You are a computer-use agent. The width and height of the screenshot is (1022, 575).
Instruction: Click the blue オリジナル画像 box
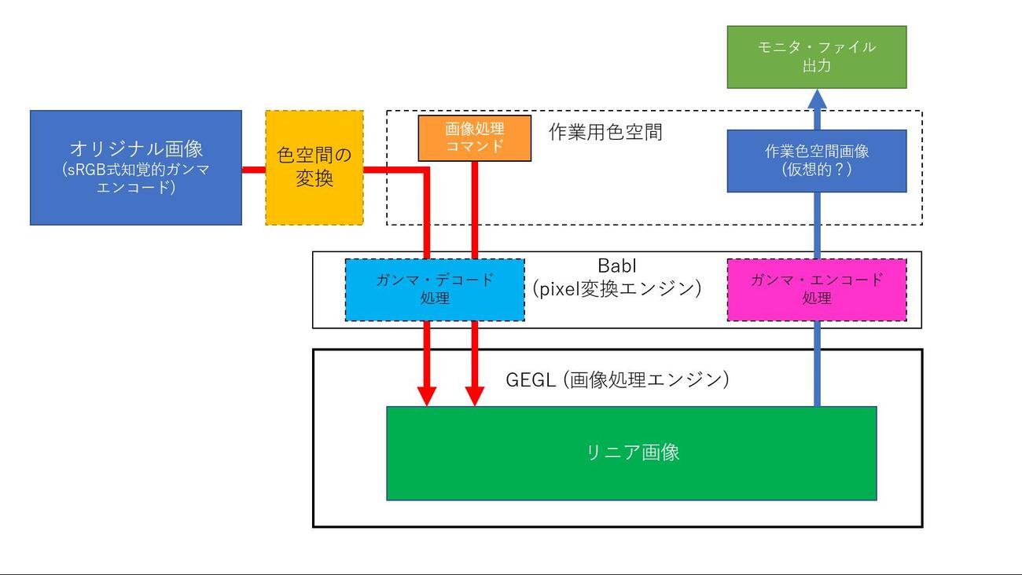click(x=136, y=167)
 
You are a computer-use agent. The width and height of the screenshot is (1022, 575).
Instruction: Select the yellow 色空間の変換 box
click(x=314, y=167)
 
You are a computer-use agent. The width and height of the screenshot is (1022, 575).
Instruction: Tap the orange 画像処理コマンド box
click(x=474, y=138)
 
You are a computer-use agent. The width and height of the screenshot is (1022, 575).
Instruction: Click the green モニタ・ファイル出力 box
click(x=816, y=57)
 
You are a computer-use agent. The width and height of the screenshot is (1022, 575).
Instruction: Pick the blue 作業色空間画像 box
click(x=816, y=161)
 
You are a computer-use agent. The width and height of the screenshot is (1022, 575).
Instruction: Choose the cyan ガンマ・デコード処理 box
click(x=435, y=289)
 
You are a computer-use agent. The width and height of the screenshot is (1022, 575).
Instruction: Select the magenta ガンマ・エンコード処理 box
click(x=816, y=289)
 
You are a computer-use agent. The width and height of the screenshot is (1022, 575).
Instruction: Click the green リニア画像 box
click(x=631, y=452)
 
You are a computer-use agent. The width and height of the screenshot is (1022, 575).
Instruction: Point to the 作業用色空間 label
click(x=605, y=132)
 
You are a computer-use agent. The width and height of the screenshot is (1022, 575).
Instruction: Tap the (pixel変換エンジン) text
click(x=616, y=288)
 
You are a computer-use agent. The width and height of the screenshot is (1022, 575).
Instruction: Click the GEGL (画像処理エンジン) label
click(x=618, y=380)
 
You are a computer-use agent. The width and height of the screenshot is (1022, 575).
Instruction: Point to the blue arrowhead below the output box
click(x=816, y=99)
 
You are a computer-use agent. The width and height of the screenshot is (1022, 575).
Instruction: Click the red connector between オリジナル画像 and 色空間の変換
click(x=253, y=170)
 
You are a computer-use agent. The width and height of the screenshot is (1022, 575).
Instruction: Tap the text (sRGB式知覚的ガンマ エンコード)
click(x=136, y=178)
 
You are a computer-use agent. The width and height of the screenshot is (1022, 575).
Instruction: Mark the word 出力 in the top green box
click(x=816, y=67)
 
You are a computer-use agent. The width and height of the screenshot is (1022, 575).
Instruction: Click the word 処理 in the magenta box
click(x=816, y=299)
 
